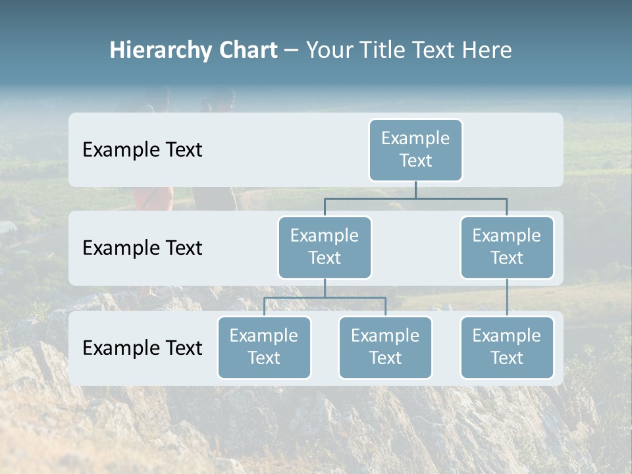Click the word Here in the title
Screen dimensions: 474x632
pyautogui.click(x=487, y=51)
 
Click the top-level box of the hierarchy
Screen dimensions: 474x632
pyautogui.click(x=415, y=150)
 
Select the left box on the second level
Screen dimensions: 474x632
pyautogui.click(x=325, y=248)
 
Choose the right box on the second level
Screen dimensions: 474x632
pyautogui.click(x=507, y=248)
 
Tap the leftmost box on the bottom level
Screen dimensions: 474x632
pyautogui.click(x=264, y=348)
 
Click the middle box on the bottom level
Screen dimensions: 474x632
pyautogui.click(x=385, y=348)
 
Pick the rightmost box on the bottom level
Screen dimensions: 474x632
pyautogui.click(x=507, y=348)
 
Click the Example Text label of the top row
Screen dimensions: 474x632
pyautogui.click(x=142, y=150)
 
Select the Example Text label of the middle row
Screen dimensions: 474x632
pyautogui.click(x=142, y=248)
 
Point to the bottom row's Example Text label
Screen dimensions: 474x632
pyautogui.click(x=142, y=348)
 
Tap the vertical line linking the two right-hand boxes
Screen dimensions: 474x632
pyautogui.click(x=507, y=298)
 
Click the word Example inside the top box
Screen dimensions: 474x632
pyautogui.click(x=415, y=138)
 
